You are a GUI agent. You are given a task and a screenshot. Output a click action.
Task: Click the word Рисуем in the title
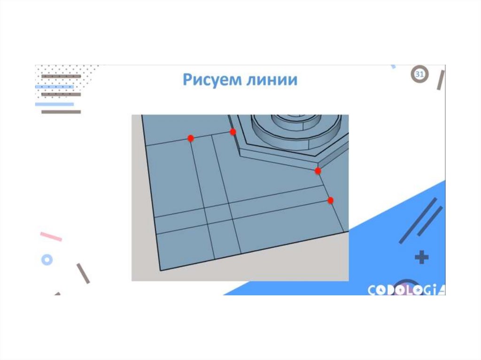(x=212, y=79)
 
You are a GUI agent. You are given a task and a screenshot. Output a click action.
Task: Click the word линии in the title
(x=272, y=80)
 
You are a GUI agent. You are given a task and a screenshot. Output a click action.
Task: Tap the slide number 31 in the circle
(x=419, y=74)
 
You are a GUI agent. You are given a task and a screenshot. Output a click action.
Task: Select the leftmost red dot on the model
(x=191, y=138)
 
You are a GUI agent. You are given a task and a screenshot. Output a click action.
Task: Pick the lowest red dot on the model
(x=330, y=200)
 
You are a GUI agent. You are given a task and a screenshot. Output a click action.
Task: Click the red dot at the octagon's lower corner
(x=318, y=171)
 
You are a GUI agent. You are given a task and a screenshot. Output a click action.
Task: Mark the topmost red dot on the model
(x=233, y=132)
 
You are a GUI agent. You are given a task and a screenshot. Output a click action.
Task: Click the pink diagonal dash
(x=51, y=237)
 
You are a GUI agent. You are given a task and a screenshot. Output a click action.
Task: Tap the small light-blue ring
(x=47, y=260)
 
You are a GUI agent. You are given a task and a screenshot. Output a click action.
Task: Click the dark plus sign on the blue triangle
(x=421, y=257)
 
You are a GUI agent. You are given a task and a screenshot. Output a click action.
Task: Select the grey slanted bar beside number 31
(x=441, y=80)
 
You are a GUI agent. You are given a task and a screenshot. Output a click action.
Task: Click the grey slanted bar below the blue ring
(x=83, y=273)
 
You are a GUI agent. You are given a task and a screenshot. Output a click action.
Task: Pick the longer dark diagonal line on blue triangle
(x=418, y=221)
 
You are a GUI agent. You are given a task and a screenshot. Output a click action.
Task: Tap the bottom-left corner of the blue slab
(x=161, y=270)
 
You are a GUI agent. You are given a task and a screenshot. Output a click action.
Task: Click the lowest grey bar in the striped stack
(x=61, y=112)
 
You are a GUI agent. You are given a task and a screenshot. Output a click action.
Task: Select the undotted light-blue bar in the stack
(x=54, y=104)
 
